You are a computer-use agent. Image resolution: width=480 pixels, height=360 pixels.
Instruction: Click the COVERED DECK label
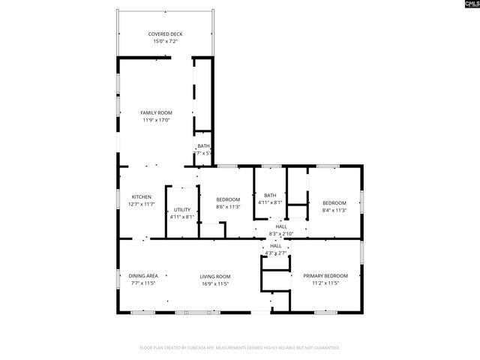point(165,34)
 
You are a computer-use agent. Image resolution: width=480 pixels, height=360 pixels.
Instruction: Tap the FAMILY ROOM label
point(156,112)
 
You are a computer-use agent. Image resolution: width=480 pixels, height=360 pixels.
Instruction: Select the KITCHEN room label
point(142,196)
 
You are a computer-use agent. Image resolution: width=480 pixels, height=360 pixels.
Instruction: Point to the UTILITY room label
point(182,209)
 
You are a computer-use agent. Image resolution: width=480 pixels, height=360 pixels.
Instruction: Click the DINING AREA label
point(142,276)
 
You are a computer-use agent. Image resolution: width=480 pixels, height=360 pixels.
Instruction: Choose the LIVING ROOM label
point(214,276)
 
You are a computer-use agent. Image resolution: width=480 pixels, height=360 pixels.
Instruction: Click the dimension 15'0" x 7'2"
point(165,41)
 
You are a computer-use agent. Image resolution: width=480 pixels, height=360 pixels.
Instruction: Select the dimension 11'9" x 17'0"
point(156,120)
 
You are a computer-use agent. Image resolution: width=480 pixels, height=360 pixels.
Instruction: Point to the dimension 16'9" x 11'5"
point(214,284)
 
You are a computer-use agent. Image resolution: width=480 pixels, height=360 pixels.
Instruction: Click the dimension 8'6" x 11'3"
point(228,207)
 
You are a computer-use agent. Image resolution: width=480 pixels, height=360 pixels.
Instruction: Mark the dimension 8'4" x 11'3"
point(334,211)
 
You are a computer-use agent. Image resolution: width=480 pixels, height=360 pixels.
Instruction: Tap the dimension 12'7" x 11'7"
point(142,204)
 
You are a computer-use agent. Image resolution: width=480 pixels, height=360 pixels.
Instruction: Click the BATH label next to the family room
point(203,146)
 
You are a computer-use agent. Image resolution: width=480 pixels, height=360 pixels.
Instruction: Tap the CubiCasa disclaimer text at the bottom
point(240,348)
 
